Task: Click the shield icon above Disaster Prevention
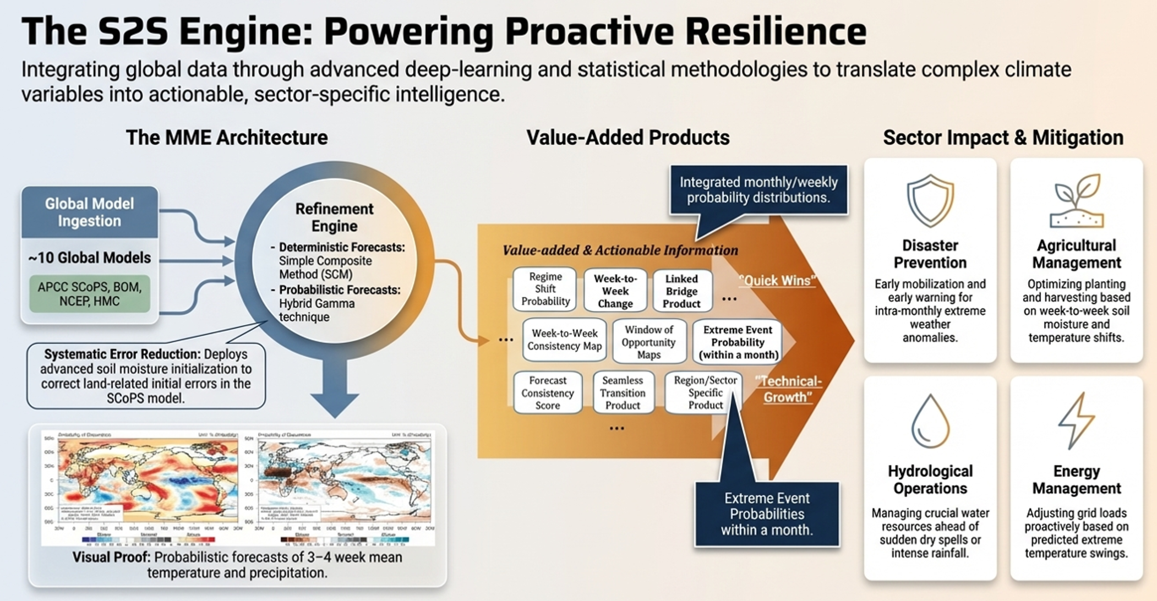point(930,200)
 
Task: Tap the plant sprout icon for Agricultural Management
point(1077,201)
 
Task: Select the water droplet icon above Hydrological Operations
point(930,421)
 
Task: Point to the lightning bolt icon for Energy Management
point(1076,420)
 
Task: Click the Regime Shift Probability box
point(545,289)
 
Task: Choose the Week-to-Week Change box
point(615,291)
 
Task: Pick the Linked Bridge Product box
point(681,291)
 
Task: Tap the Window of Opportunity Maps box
point(649,342)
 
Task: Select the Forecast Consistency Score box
point(547,392)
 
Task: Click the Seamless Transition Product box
point(623,392)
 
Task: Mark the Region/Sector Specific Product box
point(705,392)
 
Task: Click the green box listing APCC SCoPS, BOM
point(89,294)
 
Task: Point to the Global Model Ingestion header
point(89,212)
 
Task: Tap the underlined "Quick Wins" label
point(777,281)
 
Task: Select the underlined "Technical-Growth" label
point(788,389)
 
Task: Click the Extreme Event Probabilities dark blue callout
point(767,514)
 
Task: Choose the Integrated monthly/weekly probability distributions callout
point(758,190)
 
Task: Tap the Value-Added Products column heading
point(627,138)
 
